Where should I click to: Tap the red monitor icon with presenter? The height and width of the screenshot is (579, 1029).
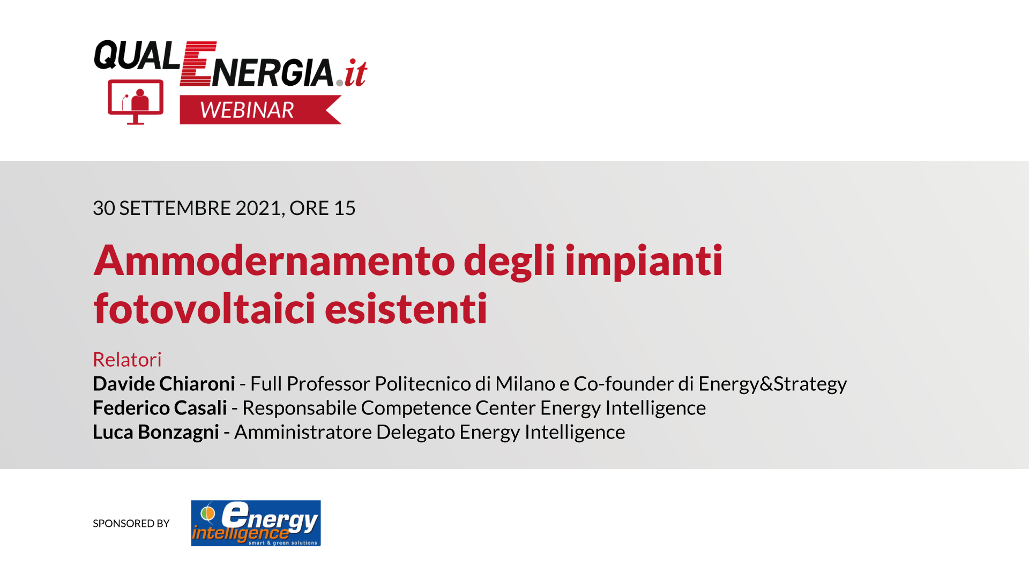coord(136,102)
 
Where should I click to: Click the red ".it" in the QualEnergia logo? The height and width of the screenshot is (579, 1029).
coord(352,73)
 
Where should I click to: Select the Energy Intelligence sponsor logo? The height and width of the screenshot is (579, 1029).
coord(256,523)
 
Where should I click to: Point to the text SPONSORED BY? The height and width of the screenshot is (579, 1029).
coord(131,523)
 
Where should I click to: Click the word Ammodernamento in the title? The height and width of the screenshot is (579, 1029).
coord(274,260)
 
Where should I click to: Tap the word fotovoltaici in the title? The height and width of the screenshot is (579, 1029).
coord(204,309)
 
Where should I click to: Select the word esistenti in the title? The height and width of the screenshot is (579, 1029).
coord(406,309)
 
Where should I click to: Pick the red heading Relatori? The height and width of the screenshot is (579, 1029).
coord(127,359)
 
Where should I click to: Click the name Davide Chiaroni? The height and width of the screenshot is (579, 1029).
coord(164,384)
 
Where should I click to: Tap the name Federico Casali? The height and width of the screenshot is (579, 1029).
coord(160,408)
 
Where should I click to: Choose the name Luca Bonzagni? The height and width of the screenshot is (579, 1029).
coord(156,432)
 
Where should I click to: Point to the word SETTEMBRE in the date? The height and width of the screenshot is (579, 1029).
coord(175,208)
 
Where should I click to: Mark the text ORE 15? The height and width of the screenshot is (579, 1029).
coord(323,208)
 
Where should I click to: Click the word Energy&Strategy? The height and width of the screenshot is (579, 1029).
coord(773,384)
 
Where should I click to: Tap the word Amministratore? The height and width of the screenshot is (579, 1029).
coord(303,432)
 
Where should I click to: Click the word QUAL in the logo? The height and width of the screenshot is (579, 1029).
coord(137,55)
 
